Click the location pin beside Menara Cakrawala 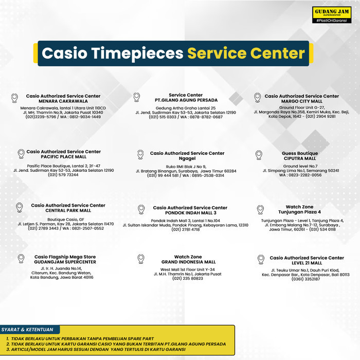pyautogui.click(x=14, y=97)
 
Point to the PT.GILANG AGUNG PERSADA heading pyautogui.click(x=186, y=100)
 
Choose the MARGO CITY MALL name pyautogui.click(x=302, y=101)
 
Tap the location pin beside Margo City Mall pyautogui.click(x=257, y=97)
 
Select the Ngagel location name pyautogui.click(x=187, y=158)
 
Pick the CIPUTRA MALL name pyautogui.click(x=300, y=158)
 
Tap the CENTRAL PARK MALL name pyautogui.click(x=68, y=210)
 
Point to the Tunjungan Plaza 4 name pyautogui.click(x=299, y=212)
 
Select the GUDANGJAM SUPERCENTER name pyautogui.click(x=65, y=262)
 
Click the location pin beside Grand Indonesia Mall pyautogui.click(x=140, y=258)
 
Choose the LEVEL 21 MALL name pyautogui.click(x=307, y=263)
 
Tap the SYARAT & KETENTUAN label pyautogui.click(x=30, y=329)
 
